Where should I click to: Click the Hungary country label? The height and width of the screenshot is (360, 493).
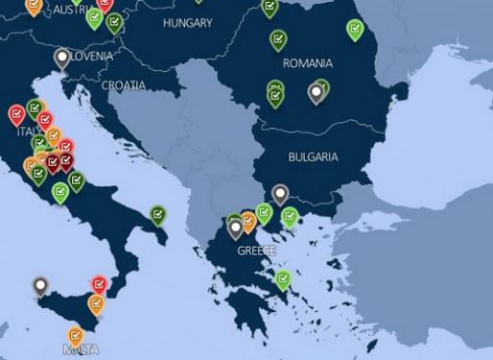(x=187, y=22)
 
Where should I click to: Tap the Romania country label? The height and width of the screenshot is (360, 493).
(x=308, y=63)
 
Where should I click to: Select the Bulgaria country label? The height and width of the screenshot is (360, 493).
(x=314, y=156)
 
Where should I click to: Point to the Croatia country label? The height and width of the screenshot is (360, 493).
(x=124, y=84)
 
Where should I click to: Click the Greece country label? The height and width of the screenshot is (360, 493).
(x=256, y=251)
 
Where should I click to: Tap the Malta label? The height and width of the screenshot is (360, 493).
(x=80, y=350)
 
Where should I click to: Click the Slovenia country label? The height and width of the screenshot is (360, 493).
(x=87, y=57)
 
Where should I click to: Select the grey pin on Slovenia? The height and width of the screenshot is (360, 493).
(x=62, y=58)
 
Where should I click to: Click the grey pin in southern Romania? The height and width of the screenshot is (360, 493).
(x=316, y=92)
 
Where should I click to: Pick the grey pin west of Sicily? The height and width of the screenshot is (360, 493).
(x=40, y=285)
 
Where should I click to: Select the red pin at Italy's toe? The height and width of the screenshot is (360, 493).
(x=99, y=283)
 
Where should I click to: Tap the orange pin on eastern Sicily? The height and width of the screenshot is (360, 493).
(x=96, y=302)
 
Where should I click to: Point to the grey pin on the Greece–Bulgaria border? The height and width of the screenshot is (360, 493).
(x=280, y=194)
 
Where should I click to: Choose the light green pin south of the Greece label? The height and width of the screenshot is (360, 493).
(x=283, y=279)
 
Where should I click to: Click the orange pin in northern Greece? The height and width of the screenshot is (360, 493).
(x=248, y=220)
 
